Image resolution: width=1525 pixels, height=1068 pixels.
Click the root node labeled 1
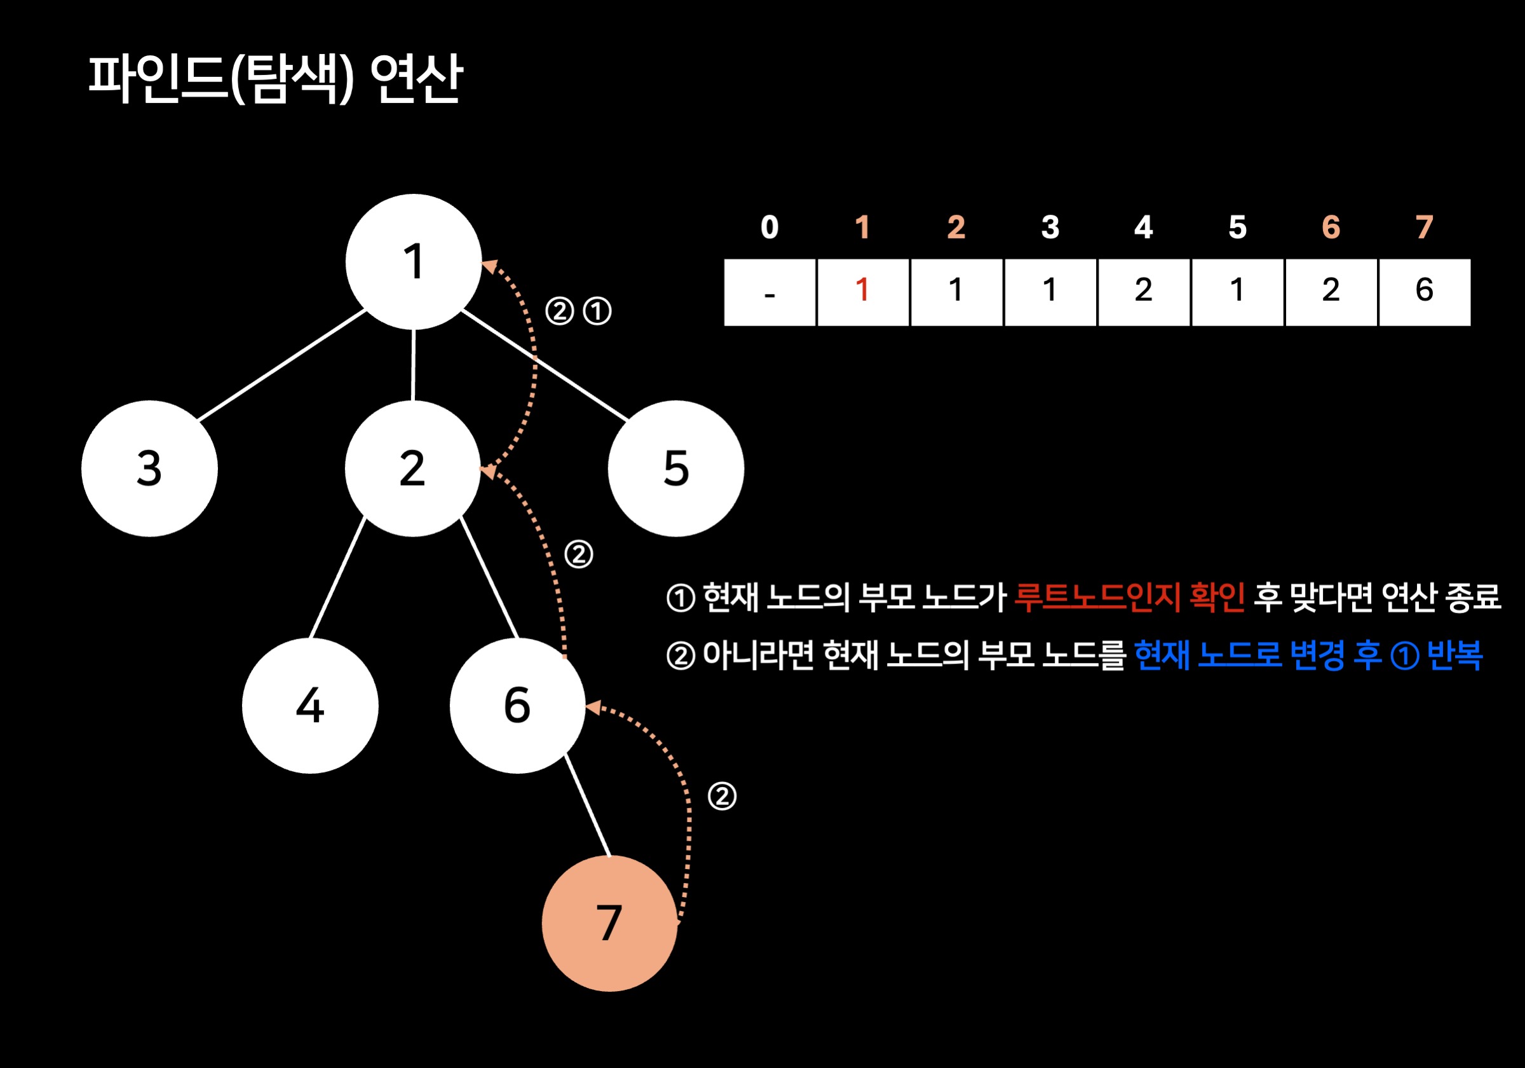coord(413,261)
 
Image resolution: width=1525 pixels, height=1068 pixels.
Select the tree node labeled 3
coord(149,468)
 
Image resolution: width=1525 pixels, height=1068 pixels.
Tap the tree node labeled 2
coord(412,468)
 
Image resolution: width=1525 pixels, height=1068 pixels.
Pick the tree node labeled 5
coord(675,468)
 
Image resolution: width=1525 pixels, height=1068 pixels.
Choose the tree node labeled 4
coord(310,705)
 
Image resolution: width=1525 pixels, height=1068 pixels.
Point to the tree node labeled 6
coord(517,705)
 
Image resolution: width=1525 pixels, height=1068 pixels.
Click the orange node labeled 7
coord(609,923)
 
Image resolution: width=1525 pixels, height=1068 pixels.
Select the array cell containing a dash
coord(769,292)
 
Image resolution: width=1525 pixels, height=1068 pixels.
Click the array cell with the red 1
coord(863,292)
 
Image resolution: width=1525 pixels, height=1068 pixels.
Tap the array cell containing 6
coord(1424,292)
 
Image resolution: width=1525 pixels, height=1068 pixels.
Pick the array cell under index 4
coord(1143,292)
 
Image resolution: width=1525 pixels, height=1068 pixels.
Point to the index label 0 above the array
coord(769,228)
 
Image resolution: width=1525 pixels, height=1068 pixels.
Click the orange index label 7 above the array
coord(1424,228)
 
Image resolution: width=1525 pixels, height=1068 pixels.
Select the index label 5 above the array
coord(1237,228)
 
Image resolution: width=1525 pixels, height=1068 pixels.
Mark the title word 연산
coord(416,78)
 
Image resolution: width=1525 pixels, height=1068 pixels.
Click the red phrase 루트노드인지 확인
coord(1129,597)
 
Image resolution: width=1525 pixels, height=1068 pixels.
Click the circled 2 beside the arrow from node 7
coord(722,796)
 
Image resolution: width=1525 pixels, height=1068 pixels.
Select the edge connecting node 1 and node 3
coord(282,364)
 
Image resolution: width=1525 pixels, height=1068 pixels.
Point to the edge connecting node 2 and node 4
coord(337,577)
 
